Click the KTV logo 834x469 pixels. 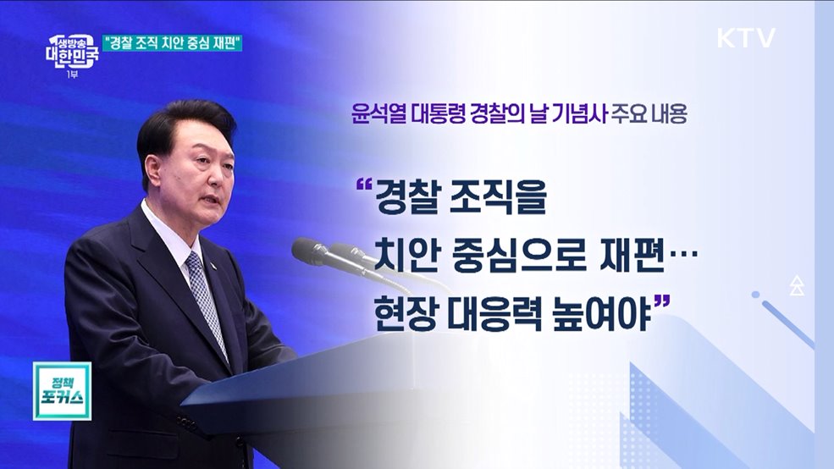(745, 38)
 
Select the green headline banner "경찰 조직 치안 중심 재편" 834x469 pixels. (173, 42)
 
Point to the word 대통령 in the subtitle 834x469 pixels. (438, 117)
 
